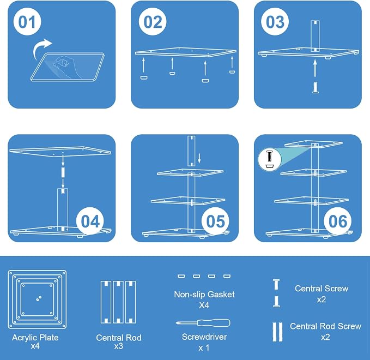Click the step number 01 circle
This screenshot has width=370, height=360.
click(x=27, y=21)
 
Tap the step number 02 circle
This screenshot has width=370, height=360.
click(x=153, y=21)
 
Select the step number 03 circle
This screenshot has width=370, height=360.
click(x=275, y=21)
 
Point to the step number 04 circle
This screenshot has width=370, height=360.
click(x=90, y=221)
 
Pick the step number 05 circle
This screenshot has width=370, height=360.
click(x=215, y=221)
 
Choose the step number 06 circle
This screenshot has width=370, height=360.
click(x=338, y=221)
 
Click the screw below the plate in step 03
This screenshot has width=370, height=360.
click(x=316, y=88)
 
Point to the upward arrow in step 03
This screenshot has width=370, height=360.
click(x=315, y=68)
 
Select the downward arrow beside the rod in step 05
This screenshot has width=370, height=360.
click(x=199, y=158)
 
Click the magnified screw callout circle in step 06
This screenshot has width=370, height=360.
click(x=270, y=160)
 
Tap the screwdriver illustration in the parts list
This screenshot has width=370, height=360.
click(x=203, y=323)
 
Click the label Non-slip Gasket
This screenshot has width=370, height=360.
click(x=204, y=295)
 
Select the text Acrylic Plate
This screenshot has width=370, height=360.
click(x=35, y=337)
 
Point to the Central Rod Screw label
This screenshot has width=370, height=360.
click(x=325, y=326)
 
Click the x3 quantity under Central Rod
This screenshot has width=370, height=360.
click(x=118, y=346)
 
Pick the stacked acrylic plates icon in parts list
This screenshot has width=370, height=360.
click(x=37, y=299)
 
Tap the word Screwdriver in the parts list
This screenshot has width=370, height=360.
click(x=204, y=337)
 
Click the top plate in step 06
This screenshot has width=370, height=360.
click(x=313, y=144)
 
